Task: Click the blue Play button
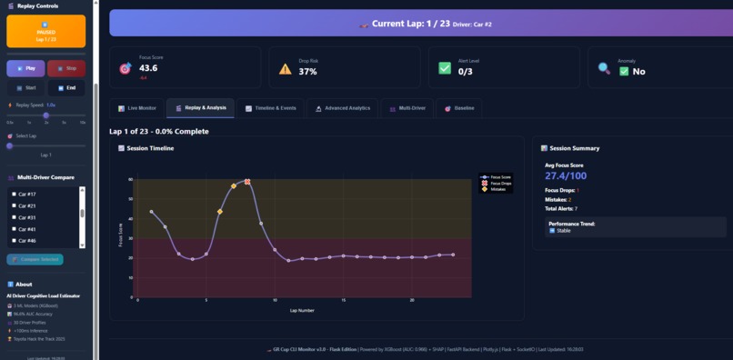pos(25,68)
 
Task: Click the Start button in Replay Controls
pos(25,88)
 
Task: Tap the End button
pos(66,88)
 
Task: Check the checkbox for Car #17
pos(14,194)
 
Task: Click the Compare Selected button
pos(35,259)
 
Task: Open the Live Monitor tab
pos(136,108)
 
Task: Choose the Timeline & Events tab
pos(271,108)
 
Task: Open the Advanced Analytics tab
pos(343,108)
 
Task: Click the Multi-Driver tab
pos(407,108)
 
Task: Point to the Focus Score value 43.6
pos(148,68)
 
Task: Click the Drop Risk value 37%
pos(307,71)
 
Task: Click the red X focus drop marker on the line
pos(247,182)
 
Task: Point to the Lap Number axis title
pos(302,310)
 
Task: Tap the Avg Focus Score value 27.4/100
pos(566,175)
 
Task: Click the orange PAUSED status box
pos(45,31)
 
